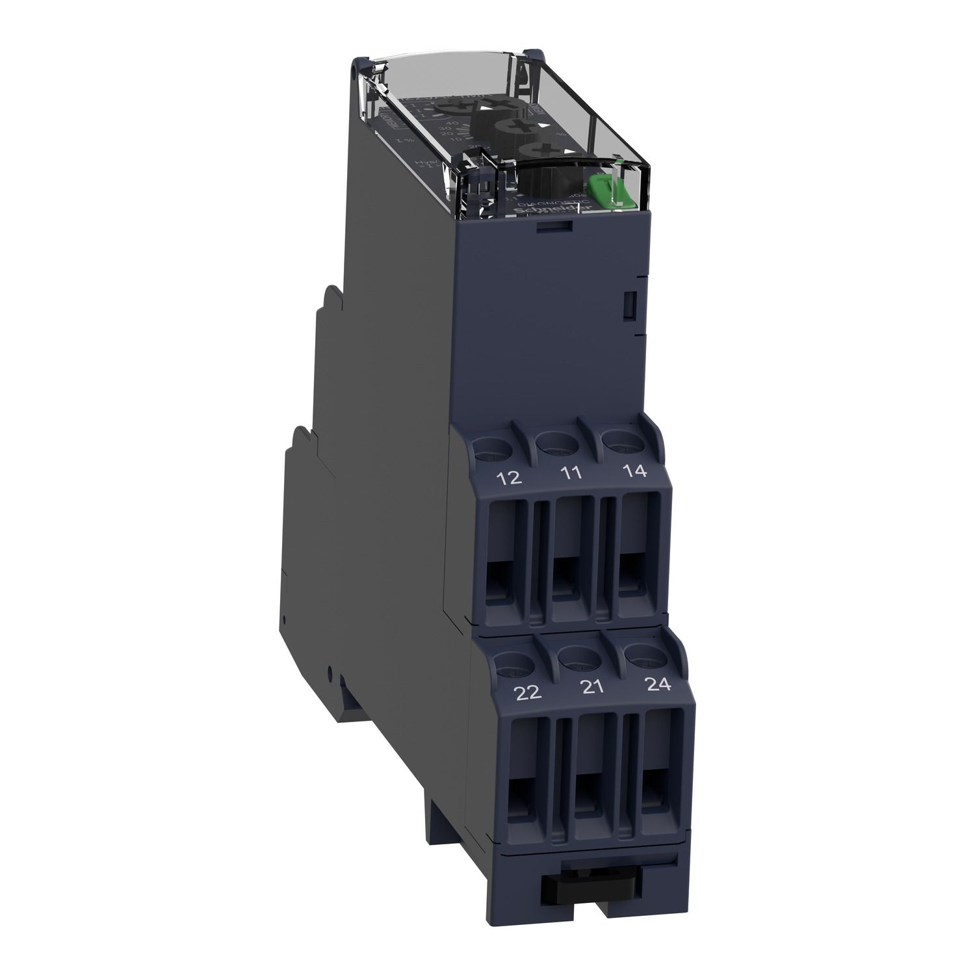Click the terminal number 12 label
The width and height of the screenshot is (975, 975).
click(510, 478)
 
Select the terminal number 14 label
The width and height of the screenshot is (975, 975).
click(635, 471)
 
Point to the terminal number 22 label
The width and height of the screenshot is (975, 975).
click(527, 693)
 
